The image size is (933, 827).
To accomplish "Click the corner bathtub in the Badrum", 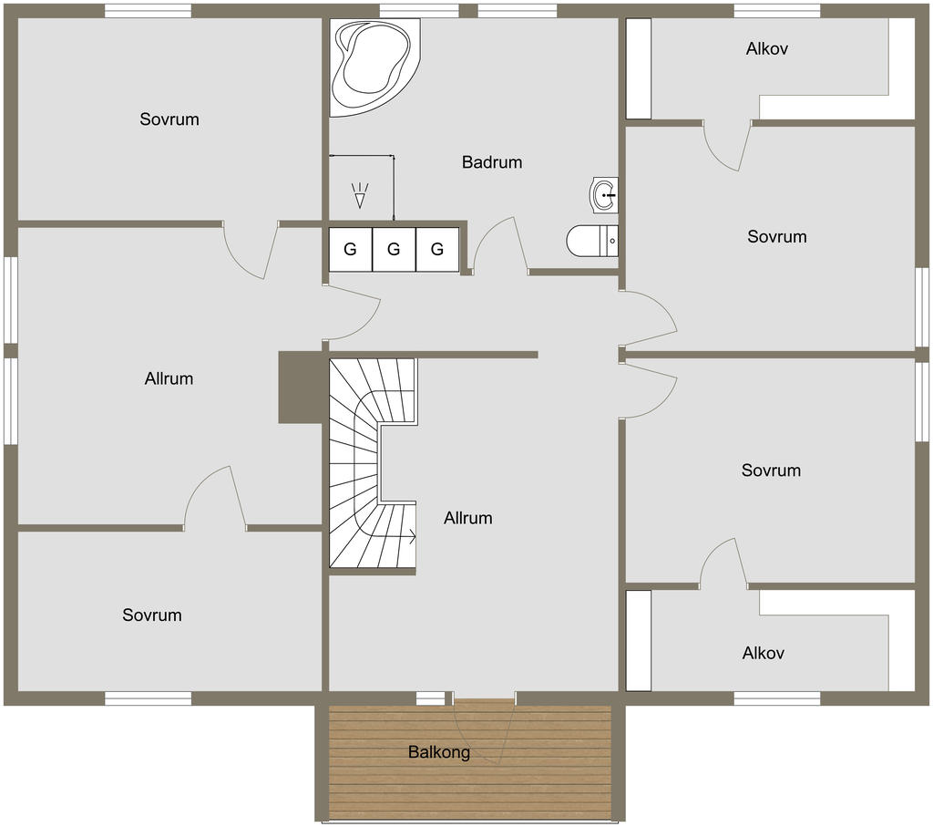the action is [x=374, y=67].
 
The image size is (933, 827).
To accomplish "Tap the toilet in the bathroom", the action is [x=591, y=241].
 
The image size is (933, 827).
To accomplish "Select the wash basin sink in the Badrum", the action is [x=604, y=195].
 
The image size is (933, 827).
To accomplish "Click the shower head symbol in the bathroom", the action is [x=359, y=196].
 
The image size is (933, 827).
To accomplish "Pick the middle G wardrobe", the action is [x=394, y=249].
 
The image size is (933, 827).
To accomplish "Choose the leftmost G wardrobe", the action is [x=351, y=249].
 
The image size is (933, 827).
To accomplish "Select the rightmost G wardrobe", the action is [x=437, y=249].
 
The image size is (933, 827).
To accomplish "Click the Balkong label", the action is [x=439, y=752].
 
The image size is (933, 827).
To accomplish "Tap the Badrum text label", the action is [x=492, y=162].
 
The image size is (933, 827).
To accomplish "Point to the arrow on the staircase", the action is [x=406, y=537].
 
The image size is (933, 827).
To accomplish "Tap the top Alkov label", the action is [x=767, y=48].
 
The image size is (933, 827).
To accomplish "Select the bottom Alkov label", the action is [x=763, y=653].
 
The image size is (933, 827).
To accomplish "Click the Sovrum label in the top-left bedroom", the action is [x=169, y=119].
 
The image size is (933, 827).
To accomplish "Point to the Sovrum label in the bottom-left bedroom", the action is [x=152, y=615].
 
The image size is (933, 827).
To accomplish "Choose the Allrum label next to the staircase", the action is [x=467, y=518].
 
